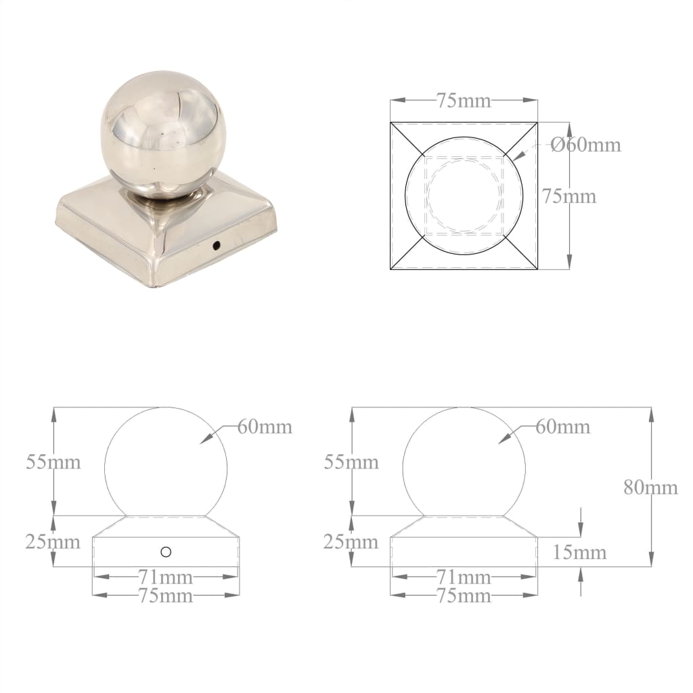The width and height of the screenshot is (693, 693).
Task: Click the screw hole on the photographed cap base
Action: (x=216, y=245)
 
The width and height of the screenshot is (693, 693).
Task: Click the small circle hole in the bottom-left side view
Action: (x=166, y=552)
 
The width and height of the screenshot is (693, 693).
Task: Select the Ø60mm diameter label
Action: (x=585, y=145)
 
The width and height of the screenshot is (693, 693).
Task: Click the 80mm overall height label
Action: (x=650, y=487)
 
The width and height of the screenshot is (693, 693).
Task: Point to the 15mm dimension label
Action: (x=579, y=552)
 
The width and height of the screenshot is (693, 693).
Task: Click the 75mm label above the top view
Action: (x=464, y=101)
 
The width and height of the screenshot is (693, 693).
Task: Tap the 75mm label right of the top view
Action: (x=569, y=196)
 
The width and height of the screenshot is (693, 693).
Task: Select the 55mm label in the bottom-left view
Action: (x=53, y=462)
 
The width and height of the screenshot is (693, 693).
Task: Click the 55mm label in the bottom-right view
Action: (x=351, y=462)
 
